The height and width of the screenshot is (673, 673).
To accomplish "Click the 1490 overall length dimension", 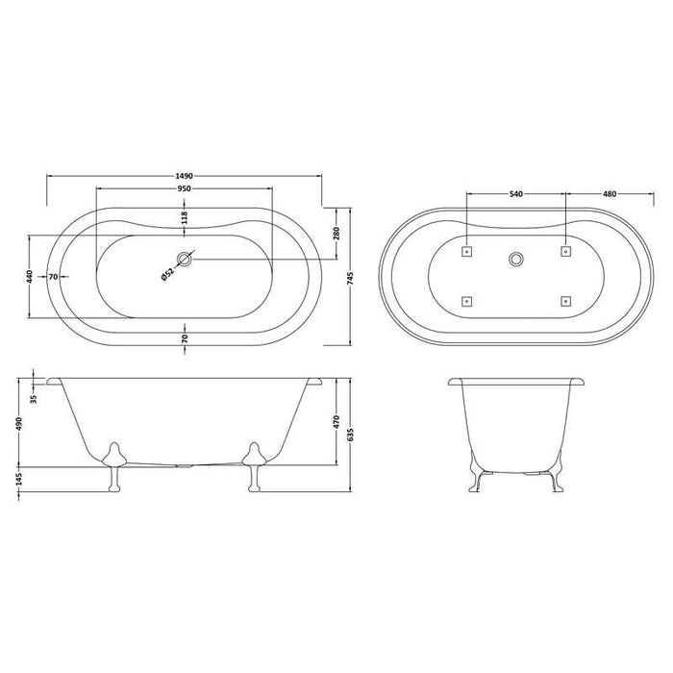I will click(186, 175).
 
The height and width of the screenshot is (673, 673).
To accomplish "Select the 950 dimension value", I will click(186, 188).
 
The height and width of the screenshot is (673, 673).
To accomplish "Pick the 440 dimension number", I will click(31, 277).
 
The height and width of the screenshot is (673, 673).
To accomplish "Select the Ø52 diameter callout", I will click(167, 274).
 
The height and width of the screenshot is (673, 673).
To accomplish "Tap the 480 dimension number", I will click(609, 195).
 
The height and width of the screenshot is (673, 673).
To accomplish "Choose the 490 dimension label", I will click(18, 423).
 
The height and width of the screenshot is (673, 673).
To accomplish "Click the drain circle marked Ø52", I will click(185, 258).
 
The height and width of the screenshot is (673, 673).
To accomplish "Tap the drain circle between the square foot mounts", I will click(516, 259).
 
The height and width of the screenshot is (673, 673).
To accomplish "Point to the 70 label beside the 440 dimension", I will click(55, 277).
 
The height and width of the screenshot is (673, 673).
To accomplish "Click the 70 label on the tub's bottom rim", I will click(185, 338).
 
